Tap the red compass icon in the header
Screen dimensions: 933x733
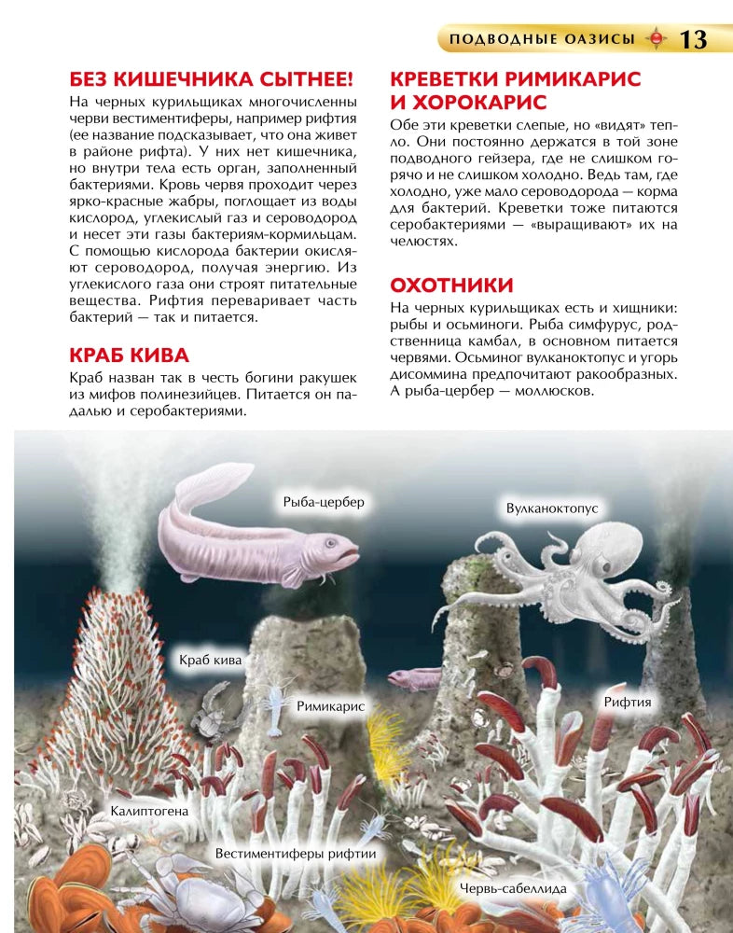pyautogui.click(x=657, y=39)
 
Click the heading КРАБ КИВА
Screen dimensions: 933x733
pyautogui.click(x=129, y=355)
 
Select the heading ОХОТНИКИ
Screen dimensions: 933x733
pyautogui.click(x=451, y=285)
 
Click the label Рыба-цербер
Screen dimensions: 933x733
pyautogui.click(x=324, y=502)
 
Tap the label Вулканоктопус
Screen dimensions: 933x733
pyautogui.click(x=551, y=508)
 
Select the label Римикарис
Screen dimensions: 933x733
pyautogui.click(x=329, y=706)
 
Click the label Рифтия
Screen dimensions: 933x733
pyautogui.click(x=627, y=702)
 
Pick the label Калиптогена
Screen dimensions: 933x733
pyautogui.click(x=149, y=811)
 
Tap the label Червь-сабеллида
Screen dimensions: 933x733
pyautogui.click(x=512, y=888)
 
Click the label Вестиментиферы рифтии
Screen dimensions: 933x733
pyautogui.click(x=295, y=853)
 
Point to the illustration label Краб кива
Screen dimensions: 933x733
pyautogui.click(x=210, y=661)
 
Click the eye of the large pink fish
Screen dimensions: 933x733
pyautogui.click(x=332, y=542)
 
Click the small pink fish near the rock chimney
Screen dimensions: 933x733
pyautogui.click(x=414, y=678)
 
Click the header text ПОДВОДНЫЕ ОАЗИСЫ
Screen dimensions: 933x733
pyautogui.click(x=541, y=39)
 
